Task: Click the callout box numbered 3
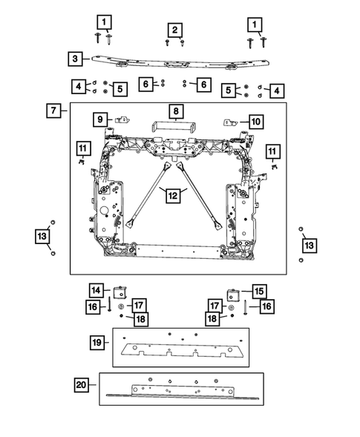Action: click(75, 59)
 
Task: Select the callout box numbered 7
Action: click(53, 111)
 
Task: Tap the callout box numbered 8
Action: click(176, 111)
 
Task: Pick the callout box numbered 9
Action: click(100, 119)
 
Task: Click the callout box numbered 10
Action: click(256, 122)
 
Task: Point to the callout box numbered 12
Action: click(173, 195)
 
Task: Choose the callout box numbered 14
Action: click(96, 290)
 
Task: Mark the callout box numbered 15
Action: click(259, 292)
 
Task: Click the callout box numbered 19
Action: click(97, 342)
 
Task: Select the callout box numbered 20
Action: click(82, 385)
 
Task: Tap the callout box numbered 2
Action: click(175, 30)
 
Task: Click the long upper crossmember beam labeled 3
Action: click(180, 62)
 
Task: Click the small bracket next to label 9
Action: click(122, 120)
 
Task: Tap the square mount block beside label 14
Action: click(120, 292)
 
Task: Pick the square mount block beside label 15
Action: click(234, 295)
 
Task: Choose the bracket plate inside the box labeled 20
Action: click(183, 391)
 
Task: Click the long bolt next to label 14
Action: click(109, 304)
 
